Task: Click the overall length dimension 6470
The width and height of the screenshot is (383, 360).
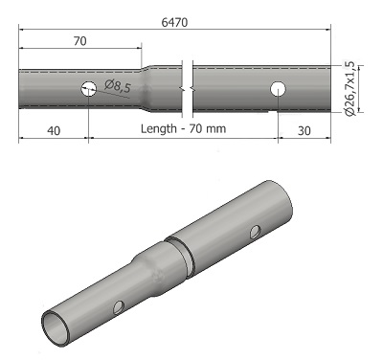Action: [x=174, y=22]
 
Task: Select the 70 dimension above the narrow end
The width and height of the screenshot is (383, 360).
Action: [x=79, y=41]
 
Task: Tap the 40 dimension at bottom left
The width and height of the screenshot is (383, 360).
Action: [x=54, y=131]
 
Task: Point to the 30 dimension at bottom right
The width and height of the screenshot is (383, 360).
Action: [x=304, y=131]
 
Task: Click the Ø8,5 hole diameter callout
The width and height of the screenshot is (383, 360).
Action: [x=118, y=86]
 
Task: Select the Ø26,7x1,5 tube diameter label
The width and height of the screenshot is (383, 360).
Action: [x=349, y=88]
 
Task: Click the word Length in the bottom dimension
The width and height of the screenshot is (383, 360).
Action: [x=159, y=129]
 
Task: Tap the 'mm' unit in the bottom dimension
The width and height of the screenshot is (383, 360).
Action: [x=216, y=129]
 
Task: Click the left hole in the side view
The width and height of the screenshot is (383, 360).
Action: [x=89, y=88]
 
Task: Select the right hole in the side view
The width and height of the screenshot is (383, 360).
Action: [x=278, y=89]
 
